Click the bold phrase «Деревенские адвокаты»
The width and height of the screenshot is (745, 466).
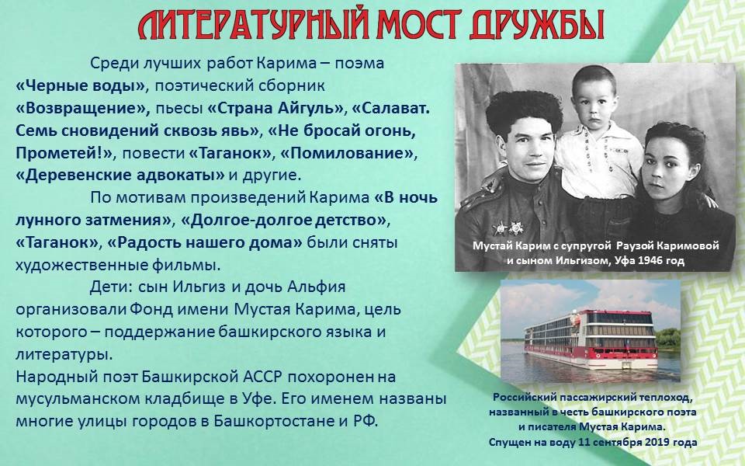(120, 176)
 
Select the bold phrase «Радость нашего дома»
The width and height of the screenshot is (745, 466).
(205, 243)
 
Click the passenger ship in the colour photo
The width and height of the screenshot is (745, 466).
(591, 339)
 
